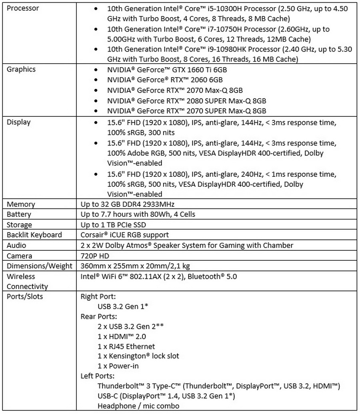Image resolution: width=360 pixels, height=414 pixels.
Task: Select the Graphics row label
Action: pyautogui.click(x=21, y=69)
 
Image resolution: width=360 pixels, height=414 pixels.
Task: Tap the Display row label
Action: pyautogui.click(x=18, y=122)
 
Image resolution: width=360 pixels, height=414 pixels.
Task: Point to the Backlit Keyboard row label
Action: pyautogui.click(x=34, y=235)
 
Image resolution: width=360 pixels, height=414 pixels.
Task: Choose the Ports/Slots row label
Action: pyautogui.click(x=24, y=297)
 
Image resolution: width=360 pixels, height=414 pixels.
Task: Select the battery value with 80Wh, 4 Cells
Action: pyautogui.click(x=138, y=214)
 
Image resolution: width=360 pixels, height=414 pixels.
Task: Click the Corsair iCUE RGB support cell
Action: pyautogui.click(x=125, y=235)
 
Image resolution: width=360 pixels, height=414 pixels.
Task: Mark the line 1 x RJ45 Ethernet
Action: pyautogui.click(x=126, y=346)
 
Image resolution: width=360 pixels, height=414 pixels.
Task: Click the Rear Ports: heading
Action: pyautogui.click(x=98, y=316)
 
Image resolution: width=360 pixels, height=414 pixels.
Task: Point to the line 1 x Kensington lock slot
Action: pyautogui.click(x=138, y=356)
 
